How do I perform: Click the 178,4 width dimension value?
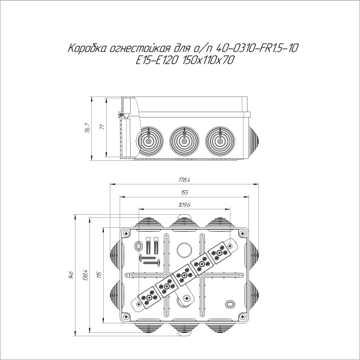184,180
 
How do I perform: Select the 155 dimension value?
184,193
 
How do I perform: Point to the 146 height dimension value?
70,275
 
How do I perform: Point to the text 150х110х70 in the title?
205,60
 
